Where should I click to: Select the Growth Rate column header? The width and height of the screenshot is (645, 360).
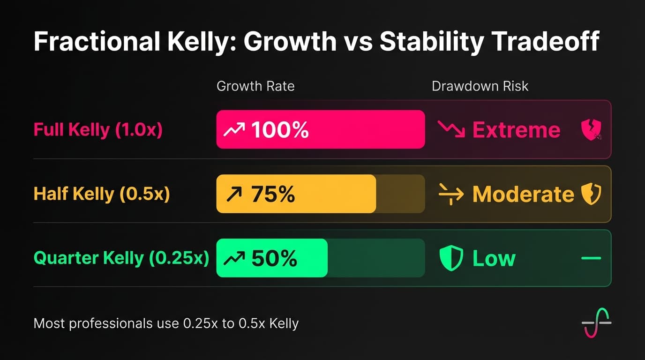[255, 86]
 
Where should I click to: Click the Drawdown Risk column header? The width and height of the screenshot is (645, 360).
[480, 86]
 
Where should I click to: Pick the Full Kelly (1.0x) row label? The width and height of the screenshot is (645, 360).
[98, 130]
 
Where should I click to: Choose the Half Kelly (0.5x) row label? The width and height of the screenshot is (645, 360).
[102, 194]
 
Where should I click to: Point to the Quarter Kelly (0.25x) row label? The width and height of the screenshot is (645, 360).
[121, 258]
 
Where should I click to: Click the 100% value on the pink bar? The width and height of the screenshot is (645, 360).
[280, 130]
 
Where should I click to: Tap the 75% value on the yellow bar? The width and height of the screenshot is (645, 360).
[273, 194]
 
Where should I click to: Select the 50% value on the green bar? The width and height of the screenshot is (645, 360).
[274, 258]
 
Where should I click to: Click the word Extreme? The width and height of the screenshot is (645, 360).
[516, 130]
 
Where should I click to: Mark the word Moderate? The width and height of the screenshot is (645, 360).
[523, 194]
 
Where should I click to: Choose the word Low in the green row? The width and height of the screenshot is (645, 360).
[494, 258]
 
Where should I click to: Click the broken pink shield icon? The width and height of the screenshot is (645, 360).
[591, 130]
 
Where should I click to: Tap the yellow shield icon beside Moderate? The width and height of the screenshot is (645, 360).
[591, 194]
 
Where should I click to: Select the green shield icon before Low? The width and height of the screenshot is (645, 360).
[451, 258]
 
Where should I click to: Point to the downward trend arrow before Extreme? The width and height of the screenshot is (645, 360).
[451, 129]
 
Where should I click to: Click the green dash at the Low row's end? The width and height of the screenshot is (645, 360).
[591, 258]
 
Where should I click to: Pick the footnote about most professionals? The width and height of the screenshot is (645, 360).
[166, 323]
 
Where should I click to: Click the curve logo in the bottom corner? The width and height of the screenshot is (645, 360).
[596, 323]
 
